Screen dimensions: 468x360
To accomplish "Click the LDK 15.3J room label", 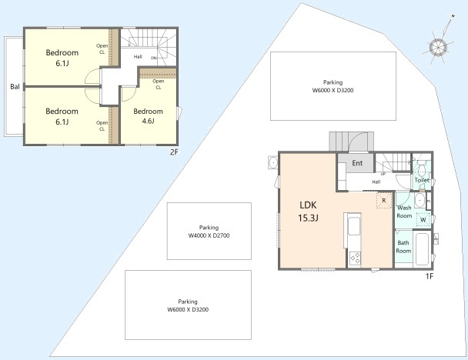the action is [308, 212].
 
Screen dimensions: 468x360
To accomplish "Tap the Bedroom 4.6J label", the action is [148, 116].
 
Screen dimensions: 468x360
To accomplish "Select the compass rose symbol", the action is [439, 47].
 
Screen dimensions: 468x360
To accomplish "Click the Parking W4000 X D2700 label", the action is [209, 232].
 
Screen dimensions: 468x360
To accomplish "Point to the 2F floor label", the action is [174, 152].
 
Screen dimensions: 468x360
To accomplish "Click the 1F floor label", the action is [430, 276].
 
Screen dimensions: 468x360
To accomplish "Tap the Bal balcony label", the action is [15, 86].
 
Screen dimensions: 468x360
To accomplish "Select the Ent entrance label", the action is [357, 163].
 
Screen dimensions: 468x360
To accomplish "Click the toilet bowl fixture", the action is [422, 168].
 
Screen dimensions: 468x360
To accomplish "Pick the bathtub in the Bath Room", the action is [422, 249].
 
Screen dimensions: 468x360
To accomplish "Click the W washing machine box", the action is [423, 220].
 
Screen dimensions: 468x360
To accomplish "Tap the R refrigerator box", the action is [384, 201].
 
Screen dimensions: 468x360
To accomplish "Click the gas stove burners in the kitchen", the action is [355, 258].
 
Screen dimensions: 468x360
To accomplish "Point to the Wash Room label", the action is [404, 212].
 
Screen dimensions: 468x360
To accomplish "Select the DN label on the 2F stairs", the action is [154, 58].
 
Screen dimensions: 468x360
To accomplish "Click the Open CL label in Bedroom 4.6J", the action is [159, 84].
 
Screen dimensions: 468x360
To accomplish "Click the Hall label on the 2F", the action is [138, 56].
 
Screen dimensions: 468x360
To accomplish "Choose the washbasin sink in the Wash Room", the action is [420, 201].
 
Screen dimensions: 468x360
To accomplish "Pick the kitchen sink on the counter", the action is [354, 226].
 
